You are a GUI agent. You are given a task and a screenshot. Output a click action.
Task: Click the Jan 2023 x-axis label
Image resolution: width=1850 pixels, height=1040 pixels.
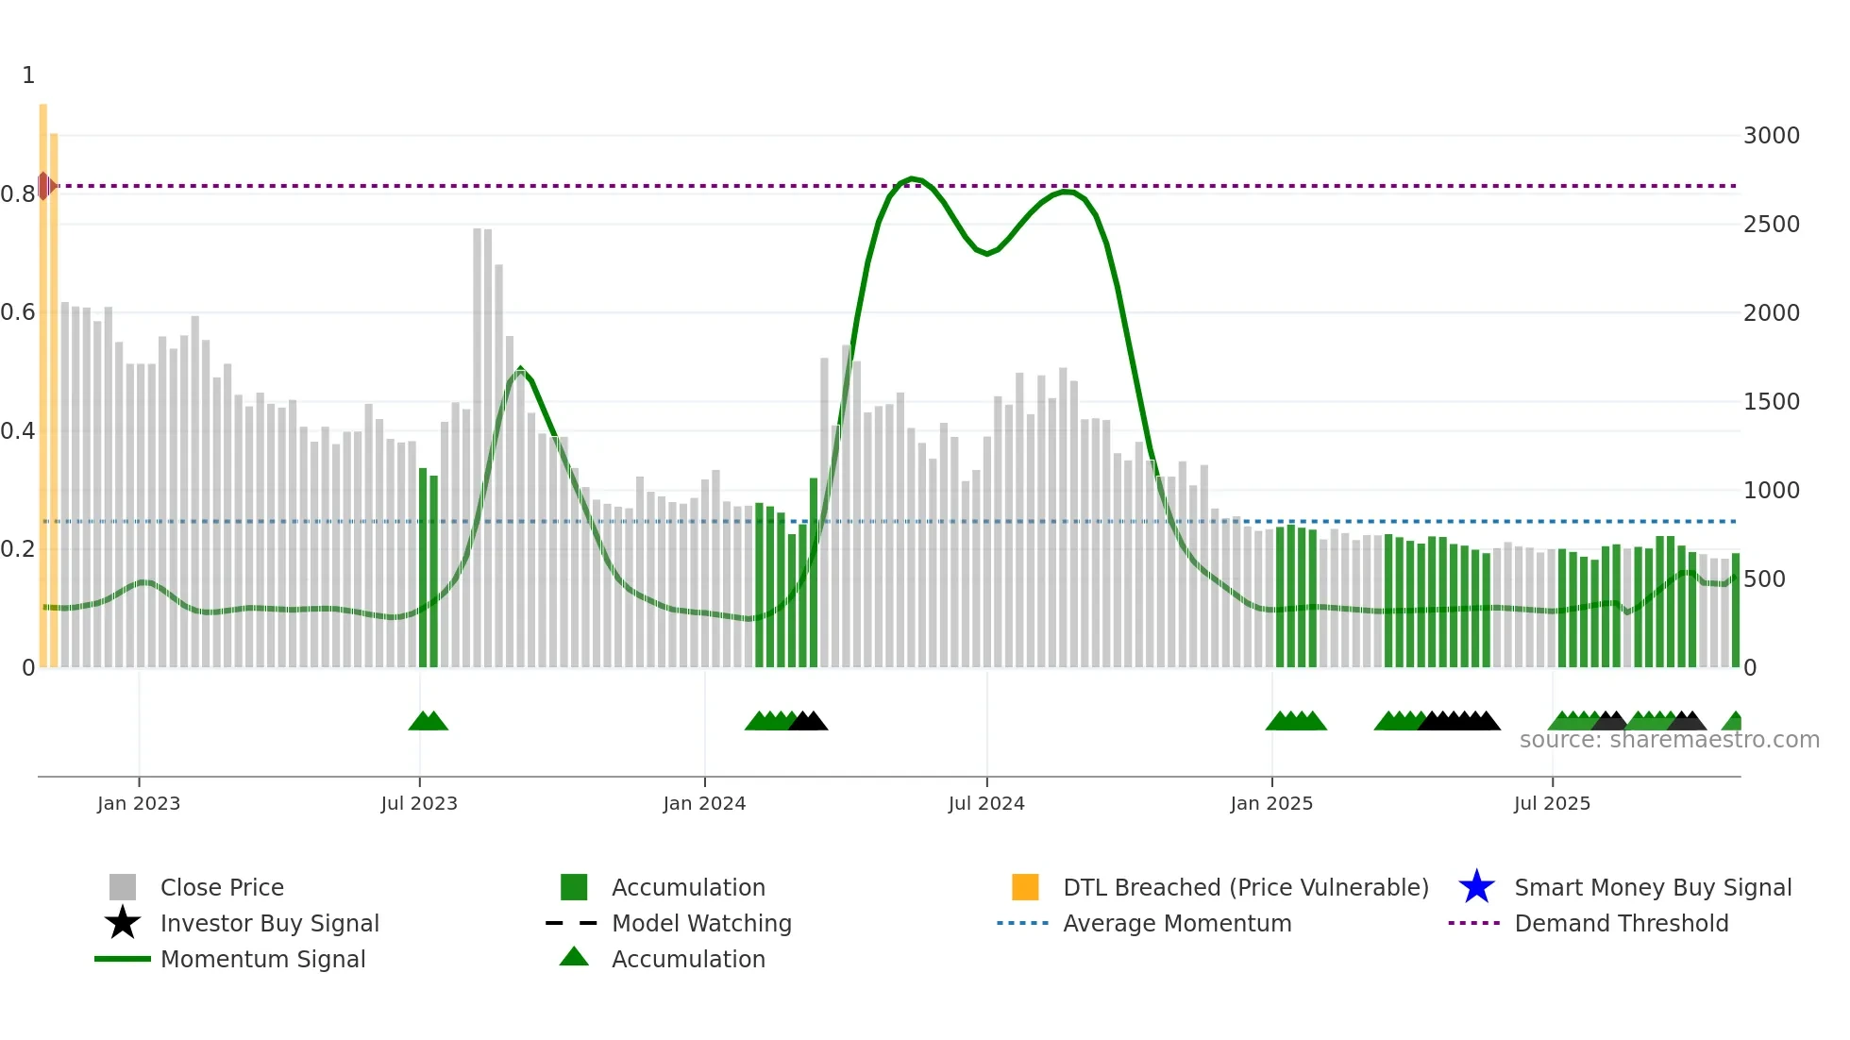pyautogui.click(x=138, y=803)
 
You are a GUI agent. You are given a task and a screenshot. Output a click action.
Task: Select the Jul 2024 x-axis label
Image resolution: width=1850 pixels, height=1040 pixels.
pyautogui.click(x=986, y=803)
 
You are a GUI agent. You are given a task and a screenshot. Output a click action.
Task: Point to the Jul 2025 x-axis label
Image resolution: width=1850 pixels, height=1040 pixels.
pyautogui.click(x=1552, y=803)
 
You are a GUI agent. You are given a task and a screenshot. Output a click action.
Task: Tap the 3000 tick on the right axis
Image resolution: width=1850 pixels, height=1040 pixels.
pyautogui.click(x=1771, y=136)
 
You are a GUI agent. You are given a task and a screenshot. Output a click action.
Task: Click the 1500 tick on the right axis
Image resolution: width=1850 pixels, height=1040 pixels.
pyautogui.click(x=1771, y=402)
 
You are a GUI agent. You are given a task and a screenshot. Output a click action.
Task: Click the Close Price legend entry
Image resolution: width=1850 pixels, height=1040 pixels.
pyautogui.click(x=222, y=887)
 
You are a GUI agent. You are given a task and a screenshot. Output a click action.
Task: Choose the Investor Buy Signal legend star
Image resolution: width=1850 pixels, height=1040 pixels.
pyautogui.click(x=123, y=923)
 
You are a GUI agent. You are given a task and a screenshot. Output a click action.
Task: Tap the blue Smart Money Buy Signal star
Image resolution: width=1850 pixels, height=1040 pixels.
pyautogui.click(x=1476, y=887)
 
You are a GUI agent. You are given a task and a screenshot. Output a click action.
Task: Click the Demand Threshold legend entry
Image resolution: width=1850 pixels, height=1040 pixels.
pyautogui.click(x=1621, y=923)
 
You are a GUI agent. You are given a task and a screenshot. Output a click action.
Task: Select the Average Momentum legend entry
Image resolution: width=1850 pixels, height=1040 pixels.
pyautogui.click(x=1176, y=923)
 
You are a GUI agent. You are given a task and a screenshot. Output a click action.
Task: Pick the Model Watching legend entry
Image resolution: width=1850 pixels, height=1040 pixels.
pyautogui.click(x=701, y=923)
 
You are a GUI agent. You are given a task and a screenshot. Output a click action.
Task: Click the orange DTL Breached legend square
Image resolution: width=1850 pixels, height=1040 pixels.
pyautogui.click(x=1025, y=887)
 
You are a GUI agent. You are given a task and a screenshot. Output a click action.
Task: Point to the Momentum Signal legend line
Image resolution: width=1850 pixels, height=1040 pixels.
pyautogui.click(x=123, y=959)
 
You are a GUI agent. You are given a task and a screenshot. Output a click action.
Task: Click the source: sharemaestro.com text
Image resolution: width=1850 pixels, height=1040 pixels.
pyautogui.click(x=1669, y=740)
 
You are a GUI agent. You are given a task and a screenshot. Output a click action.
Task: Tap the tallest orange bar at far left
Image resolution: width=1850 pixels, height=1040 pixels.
pyautogui.click(x=43, y=377)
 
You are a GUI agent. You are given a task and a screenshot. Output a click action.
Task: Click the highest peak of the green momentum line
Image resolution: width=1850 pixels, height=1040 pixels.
pyautogui.click(x=912, y=178)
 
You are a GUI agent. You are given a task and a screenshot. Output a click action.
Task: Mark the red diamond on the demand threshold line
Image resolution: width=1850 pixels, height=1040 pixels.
pyautogui.click(x=44, y=186)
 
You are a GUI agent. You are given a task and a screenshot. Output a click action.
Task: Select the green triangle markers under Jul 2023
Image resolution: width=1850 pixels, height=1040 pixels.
pyautogui.click(x=428, y=721)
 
